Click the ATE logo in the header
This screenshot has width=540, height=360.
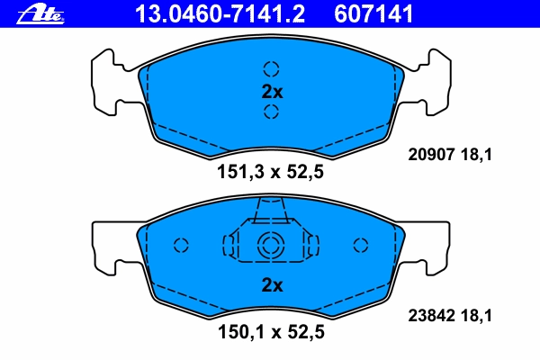tap(40, 14)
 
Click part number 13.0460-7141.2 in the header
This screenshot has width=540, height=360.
tap(220, 14)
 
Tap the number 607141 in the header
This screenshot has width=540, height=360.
tap(373, 14)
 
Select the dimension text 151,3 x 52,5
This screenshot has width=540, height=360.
tap(270, 172)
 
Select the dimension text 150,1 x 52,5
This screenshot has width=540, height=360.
tap(271, 332)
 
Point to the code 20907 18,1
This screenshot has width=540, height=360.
tap(450, 154)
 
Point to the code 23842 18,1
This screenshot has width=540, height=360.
tap(450, 315)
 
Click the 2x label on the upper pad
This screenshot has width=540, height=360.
tap(272, 92)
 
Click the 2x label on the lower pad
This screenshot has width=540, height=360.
tap(272, 285)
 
